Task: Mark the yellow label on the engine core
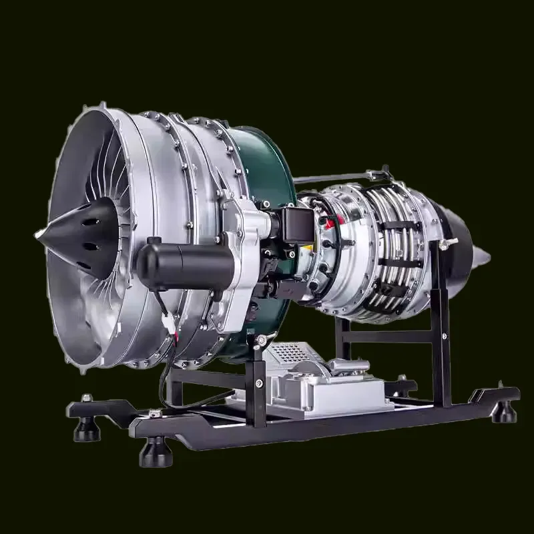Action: (308, 248)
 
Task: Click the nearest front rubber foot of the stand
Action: (155, 455)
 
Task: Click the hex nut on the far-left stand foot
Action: (86, 398)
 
